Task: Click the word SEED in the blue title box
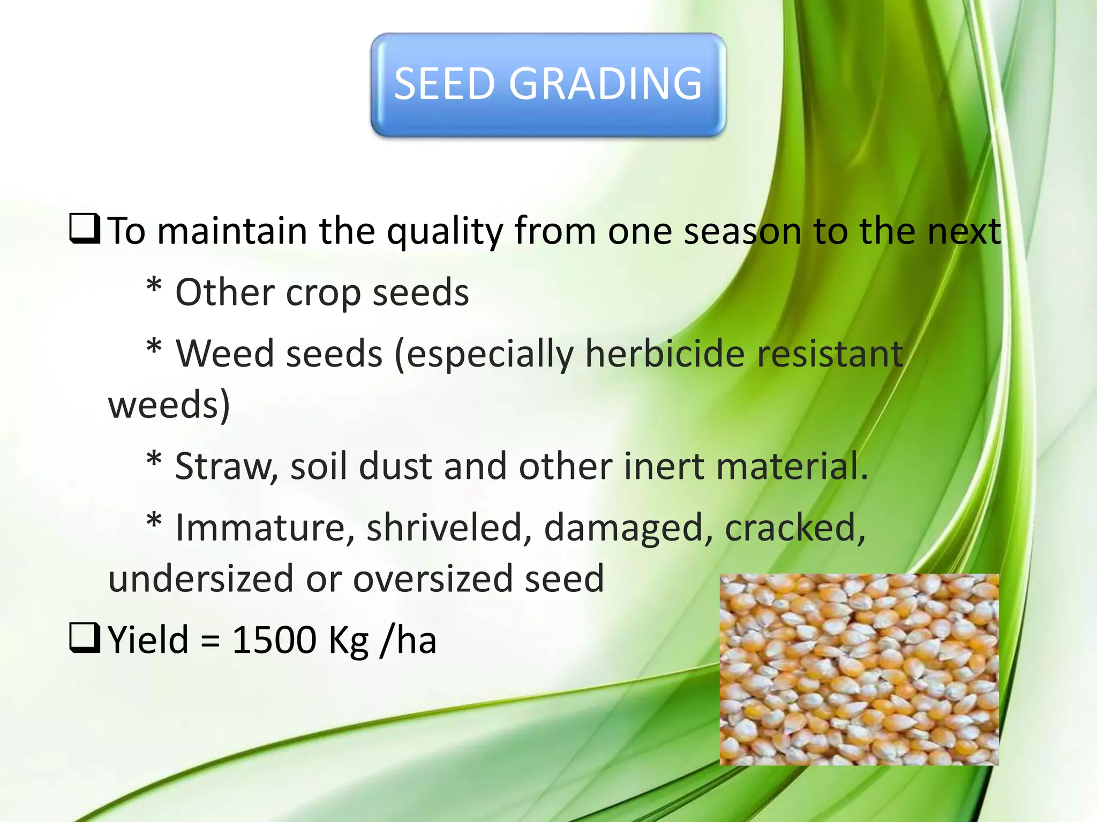point(444,83)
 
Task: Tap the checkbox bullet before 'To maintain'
point(85,229)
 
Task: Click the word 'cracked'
point(795,528)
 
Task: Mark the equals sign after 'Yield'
point(211,641)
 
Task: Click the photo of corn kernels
point(859,669)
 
